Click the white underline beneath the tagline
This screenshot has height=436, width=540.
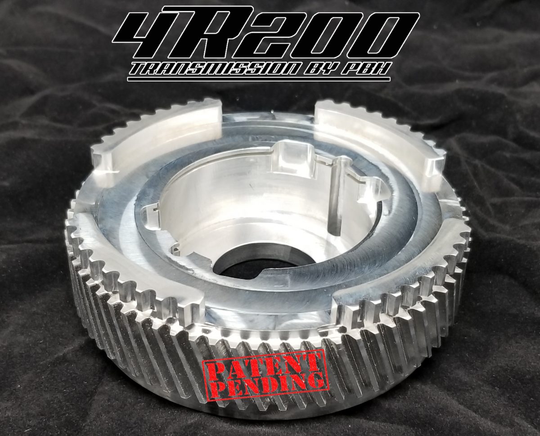(265, 80)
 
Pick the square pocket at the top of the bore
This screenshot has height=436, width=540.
(288, 155)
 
